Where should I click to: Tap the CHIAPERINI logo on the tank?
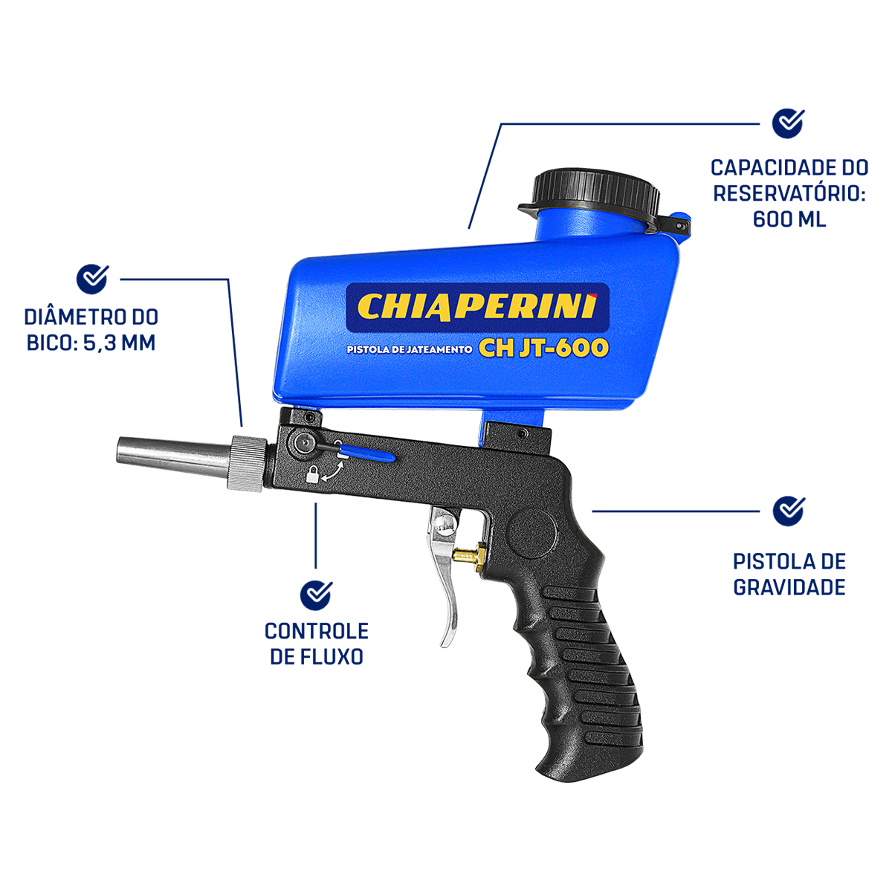click(477, 307)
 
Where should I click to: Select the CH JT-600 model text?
click(543, 348)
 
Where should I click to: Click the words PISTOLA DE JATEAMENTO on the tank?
click(409, 349)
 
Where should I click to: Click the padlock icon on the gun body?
click(313, 475)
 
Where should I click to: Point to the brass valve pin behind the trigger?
click(468, 554)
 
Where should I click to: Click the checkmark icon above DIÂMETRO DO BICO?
click(92, 279)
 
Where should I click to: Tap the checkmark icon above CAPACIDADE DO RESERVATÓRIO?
click(788, 123)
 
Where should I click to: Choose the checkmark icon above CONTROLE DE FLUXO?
click(316, 595)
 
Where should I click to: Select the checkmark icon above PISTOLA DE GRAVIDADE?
click(789, 511)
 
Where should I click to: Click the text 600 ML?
click(789, 219)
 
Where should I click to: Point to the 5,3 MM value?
click(119, 343)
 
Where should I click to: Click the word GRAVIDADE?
click(789, 587)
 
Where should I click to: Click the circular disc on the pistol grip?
click(532, 532)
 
